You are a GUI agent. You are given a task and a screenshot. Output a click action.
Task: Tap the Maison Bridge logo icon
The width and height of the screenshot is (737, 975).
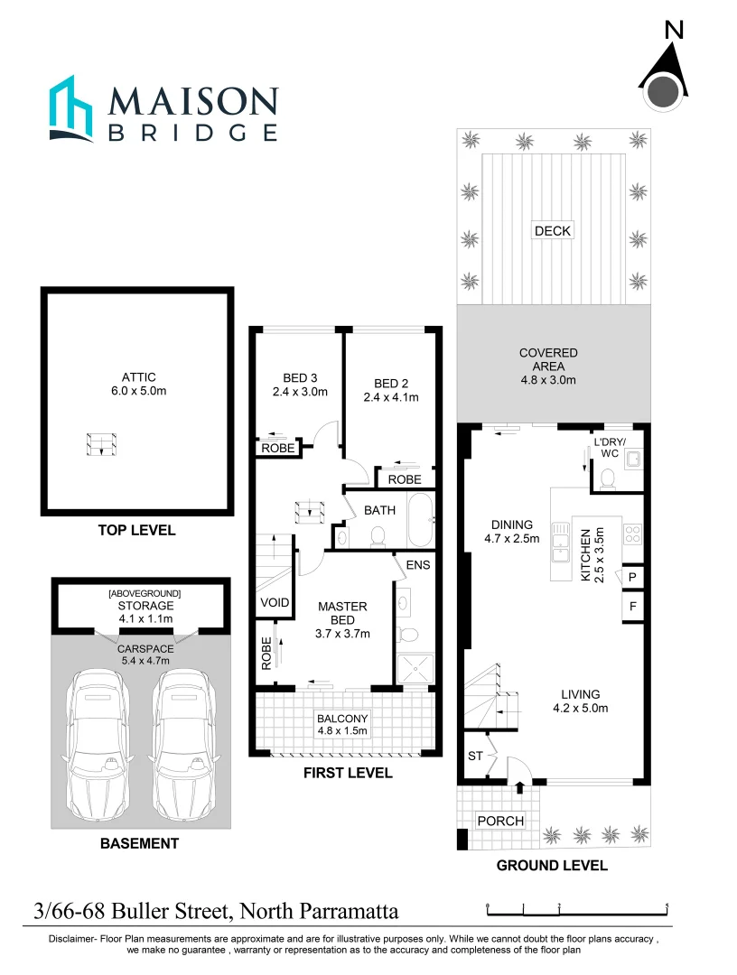coord(73,108)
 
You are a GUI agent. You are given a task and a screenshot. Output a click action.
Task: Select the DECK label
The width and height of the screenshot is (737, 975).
coord(552,230)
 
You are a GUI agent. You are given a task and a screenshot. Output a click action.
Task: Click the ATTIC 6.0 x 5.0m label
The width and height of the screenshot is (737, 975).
coord(139,385)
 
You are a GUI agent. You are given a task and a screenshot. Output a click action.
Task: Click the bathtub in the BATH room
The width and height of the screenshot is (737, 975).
coord(420,523)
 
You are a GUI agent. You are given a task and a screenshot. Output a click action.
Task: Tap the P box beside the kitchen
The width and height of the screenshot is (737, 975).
coord(632,577)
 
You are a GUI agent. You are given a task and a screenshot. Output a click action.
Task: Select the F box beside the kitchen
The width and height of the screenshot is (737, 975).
coord(632,607)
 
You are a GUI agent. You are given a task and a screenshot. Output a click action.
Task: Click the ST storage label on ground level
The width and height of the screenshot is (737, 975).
coord(474,755)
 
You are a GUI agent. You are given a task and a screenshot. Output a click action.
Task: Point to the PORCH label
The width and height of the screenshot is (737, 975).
coord(499,821)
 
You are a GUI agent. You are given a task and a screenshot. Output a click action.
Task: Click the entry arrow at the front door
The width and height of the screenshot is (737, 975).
coord(519,788)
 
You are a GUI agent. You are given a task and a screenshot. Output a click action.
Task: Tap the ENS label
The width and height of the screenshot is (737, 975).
coord(418,565)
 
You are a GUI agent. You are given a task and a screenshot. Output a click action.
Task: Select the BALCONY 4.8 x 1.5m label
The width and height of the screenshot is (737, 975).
coord(342,725)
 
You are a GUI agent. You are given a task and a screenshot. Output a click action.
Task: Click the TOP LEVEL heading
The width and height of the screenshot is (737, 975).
coord(136,530)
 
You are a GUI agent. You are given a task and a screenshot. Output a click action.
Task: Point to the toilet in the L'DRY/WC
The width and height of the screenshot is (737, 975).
coord(607,477)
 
